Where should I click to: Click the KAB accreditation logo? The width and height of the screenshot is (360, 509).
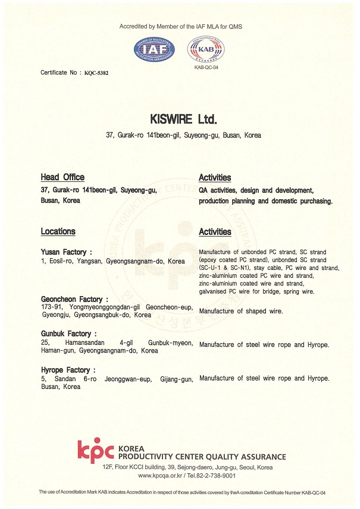pos(205,49)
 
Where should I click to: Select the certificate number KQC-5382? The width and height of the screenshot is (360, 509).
pos(96,73)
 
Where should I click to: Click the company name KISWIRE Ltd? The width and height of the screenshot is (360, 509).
pos(180,118)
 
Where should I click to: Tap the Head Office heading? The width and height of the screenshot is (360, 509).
pos(62,177)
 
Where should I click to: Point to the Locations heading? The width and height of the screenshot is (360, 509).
pos(58,231)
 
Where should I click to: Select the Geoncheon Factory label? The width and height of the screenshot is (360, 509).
pos(74,299)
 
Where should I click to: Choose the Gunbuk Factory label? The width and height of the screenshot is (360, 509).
pos(68,334)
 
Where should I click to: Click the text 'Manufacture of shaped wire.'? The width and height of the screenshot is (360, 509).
pos(241,311)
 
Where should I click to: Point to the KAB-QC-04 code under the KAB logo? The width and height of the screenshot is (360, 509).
pos(206,68)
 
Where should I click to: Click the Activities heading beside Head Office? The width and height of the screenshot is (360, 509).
pos(215,178)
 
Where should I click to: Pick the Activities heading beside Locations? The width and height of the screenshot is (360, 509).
pos(215,232)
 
